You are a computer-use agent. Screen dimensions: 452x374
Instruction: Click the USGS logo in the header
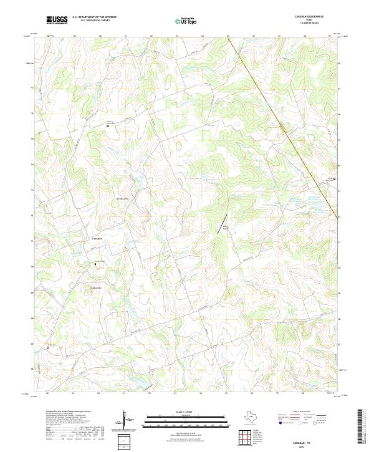click(57, 20)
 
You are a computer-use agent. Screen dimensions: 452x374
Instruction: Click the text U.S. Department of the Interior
click(94, 17)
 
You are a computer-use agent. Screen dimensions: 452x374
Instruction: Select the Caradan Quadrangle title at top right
click(318, 17)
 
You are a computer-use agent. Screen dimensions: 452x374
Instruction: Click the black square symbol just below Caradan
click(95, 264)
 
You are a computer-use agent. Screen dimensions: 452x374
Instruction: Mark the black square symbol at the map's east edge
click(334, 179)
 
